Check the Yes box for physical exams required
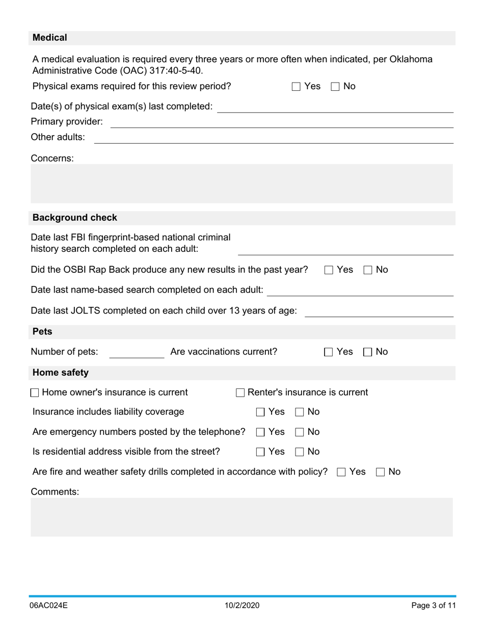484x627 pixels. click(296, 87)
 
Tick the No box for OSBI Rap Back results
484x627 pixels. click(368, 270)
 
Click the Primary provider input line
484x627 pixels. click(282, 123)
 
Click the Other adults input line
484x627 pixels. click(274, 138)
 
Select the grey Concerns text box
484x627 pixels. click(241, 184)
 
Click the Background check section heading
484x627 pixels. click(75, 218)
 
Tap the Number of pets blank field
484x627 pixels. click(137, 353)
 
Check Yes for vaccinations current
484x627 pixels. click(329, 352)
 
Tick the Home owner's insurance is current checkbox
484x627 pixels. click(35, 393)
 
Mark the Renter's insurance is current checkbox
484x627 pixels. click(240, 393)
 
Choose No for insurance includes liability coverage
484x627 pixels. click(300, 412)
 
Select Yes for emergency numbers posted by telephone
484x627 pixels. click(260, 432)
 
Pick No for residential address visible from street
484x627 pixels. click(300, 452)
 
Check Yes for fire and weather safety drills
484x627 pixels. click(341, 472)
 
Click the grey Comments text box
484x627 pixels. click(241, 517)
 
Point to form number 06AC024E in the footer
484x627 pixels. click(49, 606)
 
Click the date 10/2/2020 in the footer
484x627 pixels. click(242, 606)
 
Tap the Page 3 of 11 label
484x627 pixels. click(434, 606)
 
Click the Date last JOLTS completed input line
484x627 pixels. click(379, 311)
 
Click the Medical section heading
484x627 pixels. click(50, 38)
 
